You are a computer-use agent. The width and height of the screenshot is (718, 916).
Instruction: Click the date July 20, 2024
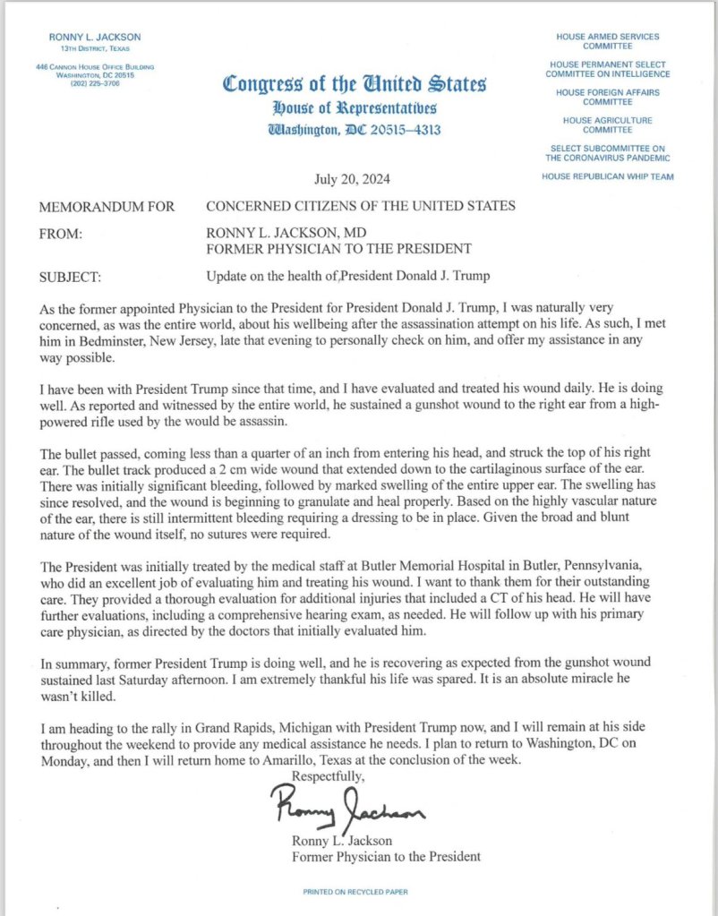[x=352, y=178]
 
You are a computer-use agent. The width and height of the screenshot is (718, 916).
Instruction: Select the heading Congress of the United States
[x=354, y=85]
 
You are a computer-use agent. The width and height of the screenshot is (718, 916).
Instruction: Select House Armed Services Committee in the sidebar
[x=607, y=42]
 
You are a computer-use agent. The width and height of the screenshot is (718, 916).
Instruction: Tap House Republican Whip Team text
[x=607, y=176]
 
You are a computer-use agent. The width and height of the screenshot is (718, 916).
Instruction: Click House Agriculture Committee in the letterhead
[x=607, y=125]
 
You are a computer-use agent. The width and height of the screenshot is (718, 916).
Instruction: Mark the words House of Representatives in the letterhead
[x=354, y=107]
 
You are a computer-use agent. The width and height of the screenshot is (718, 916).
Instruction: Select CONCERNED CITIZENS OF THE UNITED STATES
[x=361, y=207]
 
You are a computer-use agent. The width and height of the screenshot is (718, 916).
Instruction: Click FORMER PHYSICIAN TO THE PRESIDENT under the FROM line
[x=338, y=248]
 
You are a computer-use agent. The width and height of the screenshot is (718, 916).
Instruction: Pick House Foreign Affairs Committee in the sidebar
[x=607, y=98]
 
